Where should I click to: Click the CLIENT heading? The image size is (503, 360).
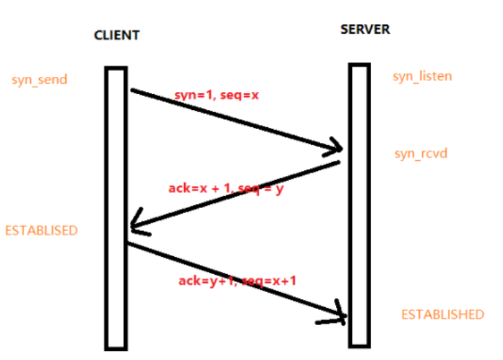click(x=116, y=35)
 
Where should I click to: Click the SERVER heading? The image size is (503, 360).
click(x=365, y=30)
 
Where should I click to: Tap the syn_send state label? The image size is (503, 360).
click(x=39, y=80)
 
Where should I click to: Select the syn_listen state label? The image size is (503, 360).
click(x=422, y=76)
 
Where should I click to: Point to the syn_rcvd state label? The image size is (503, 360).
click(x=421, y=153)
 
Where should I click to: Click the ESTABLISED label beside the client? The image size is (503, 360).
click(x=41, y=230)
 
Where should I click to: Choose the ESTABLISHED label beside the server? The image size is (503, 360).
click(x=443, y=315)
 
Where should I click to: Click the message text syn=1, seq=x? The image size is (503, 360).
click(x=216, y=95)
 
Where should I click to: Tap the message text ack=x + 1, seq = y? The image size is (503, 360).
click(x=225, y=188)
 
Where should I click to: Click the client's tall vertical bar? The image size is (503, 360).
click(x=116, y=206)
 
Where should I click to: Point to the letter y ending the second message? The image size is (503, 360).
click(x=279, y=189)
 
